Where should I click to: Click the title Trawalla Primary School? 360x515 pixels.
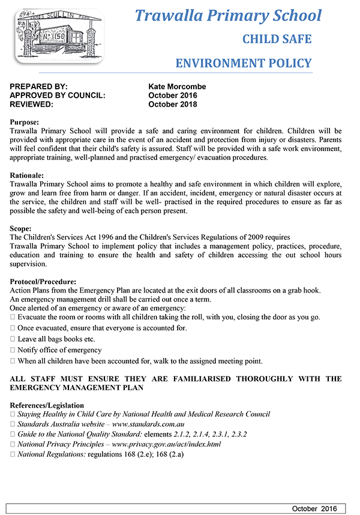[x=228, y=16]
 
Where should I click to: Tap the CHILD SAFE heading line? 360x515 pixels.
[x=277, y=40]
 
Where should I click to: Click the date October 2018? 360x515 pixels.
[x=172, y=104]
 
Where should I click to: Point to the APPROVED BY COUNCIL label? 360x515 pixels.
[x=58, y=95]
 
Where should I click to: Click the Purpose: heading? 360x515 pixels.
[x=28, y=122]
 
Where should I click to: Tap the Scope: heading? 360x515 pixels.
[x=25, y=229]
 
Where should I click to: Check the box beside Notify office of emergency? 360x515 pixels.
[x=13, y=350]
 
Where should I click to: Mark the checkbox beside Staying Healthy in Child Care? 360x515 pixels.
[x=13, y=414]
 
